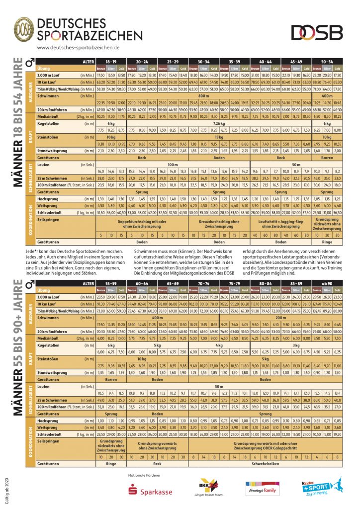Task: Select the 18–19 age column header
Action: (x=110, y=62)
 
